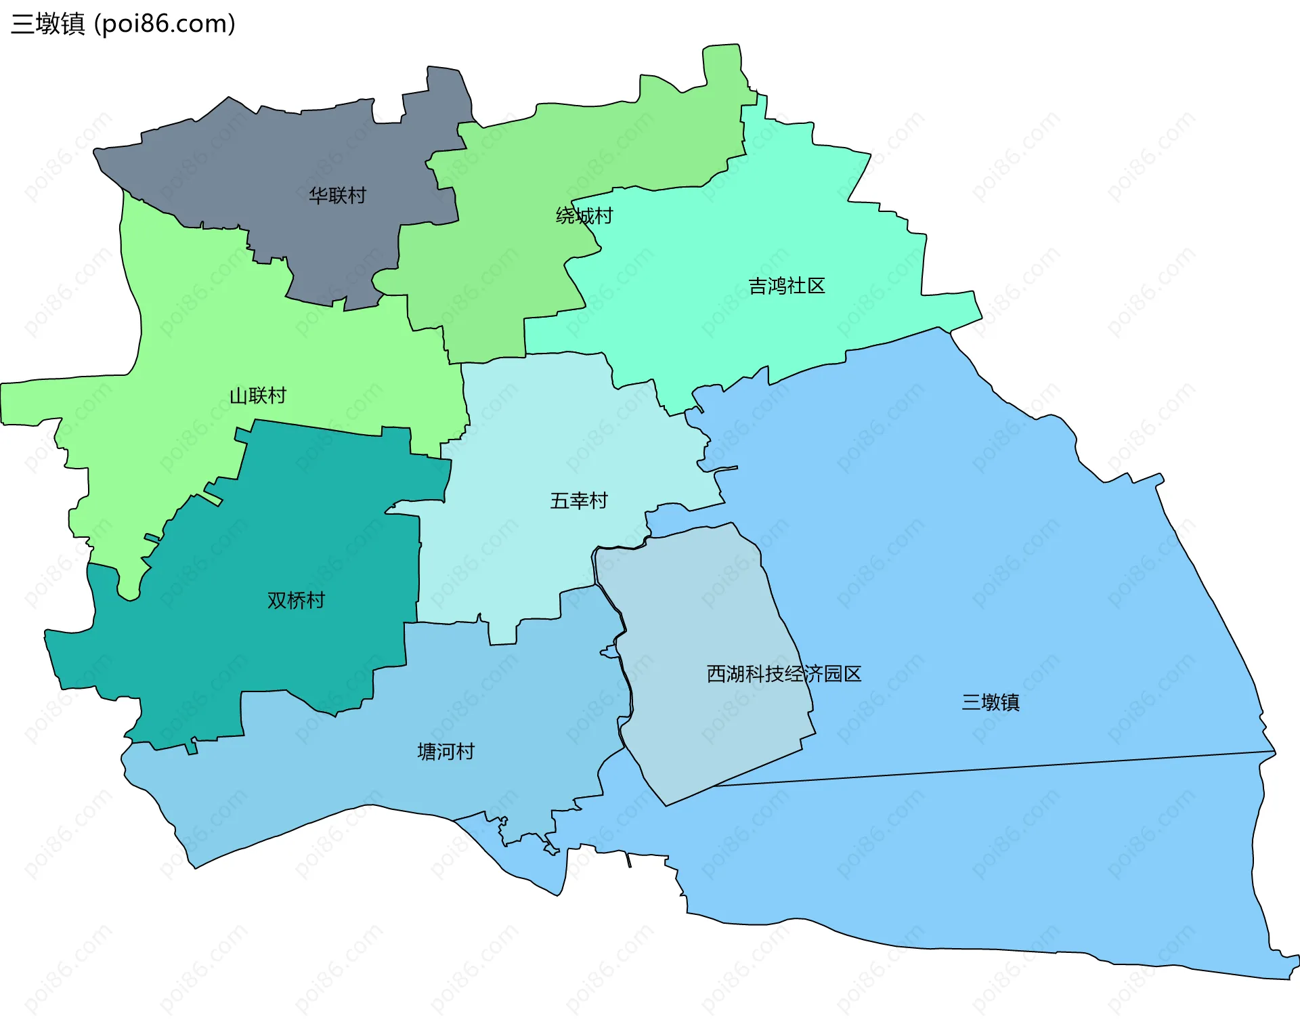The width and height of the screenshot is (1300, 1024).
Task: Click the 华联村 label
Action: (x=337, y=196)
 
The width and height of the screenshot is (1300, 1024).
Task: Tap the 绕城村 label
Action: (x=584, y=216)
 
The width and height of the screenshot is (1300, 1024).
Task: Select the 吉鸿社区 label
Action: (x=786, y=286)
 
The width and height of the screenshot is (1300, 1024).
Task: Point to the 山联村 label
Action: (x=258, y=396)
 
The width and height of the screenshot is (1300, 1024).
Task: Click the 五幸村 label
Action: (x=579, y=500)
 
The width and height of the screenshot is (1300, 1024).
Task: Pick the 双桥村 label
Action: (x=296, y=600)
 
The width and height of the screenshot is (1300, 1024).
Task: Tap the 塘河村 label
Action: (x=446, y=752)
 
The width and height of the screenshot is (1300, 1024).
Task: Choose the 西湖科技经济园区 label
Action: (x=783, y=674)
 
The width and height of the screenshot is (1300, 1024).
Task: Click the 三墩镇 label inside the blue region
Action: (x=991, y=702)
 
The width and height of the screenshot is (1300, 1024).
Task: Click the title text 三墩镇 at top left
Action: (x=48, y=24)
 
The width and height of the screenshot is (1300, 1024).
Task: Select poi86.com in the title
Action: (x=165, y=24)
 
